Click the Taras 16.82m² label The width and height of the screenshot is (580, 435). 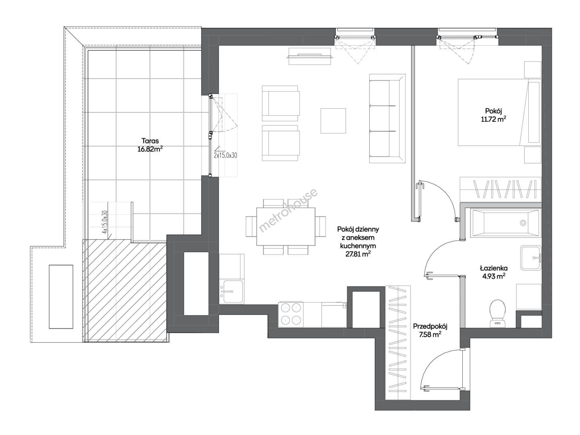150,145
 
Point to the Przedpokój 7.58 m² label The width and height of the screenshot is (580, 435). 430,330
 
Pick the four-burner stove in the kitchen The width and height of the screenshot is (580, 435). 291,314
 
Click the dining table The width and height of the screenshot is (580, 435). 286,226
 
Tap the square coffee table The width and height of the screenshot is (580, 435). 333,121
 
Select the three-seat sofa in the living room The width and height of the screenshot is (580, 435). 387,118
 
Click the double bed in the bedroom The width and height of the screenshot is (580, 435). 499,112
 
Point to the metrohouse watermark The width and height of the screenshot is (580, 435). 288,210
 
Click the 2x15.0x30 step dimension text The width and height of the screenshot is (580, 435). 225,155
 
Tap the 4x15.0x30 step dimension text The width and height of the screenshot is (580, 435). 105,222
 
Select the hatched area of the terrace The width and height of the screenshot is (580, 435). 125,291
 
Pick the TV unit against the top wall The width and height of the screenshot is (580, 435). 310,56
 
